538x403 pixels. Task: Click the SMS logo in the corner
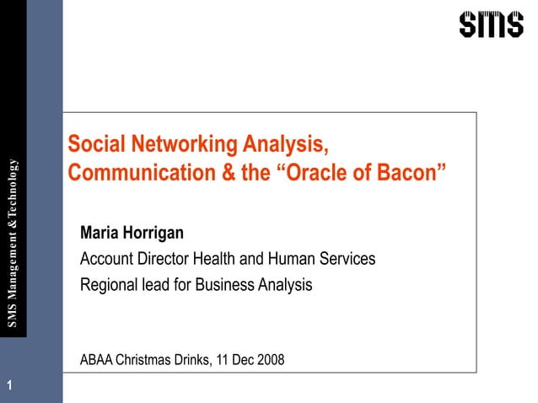491,24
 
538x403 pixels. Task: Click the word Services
347,259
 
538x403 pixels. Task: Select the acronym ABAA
98,360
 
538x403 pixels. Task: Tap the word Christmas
150,360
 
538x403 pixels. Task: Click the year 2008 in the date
269,360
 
